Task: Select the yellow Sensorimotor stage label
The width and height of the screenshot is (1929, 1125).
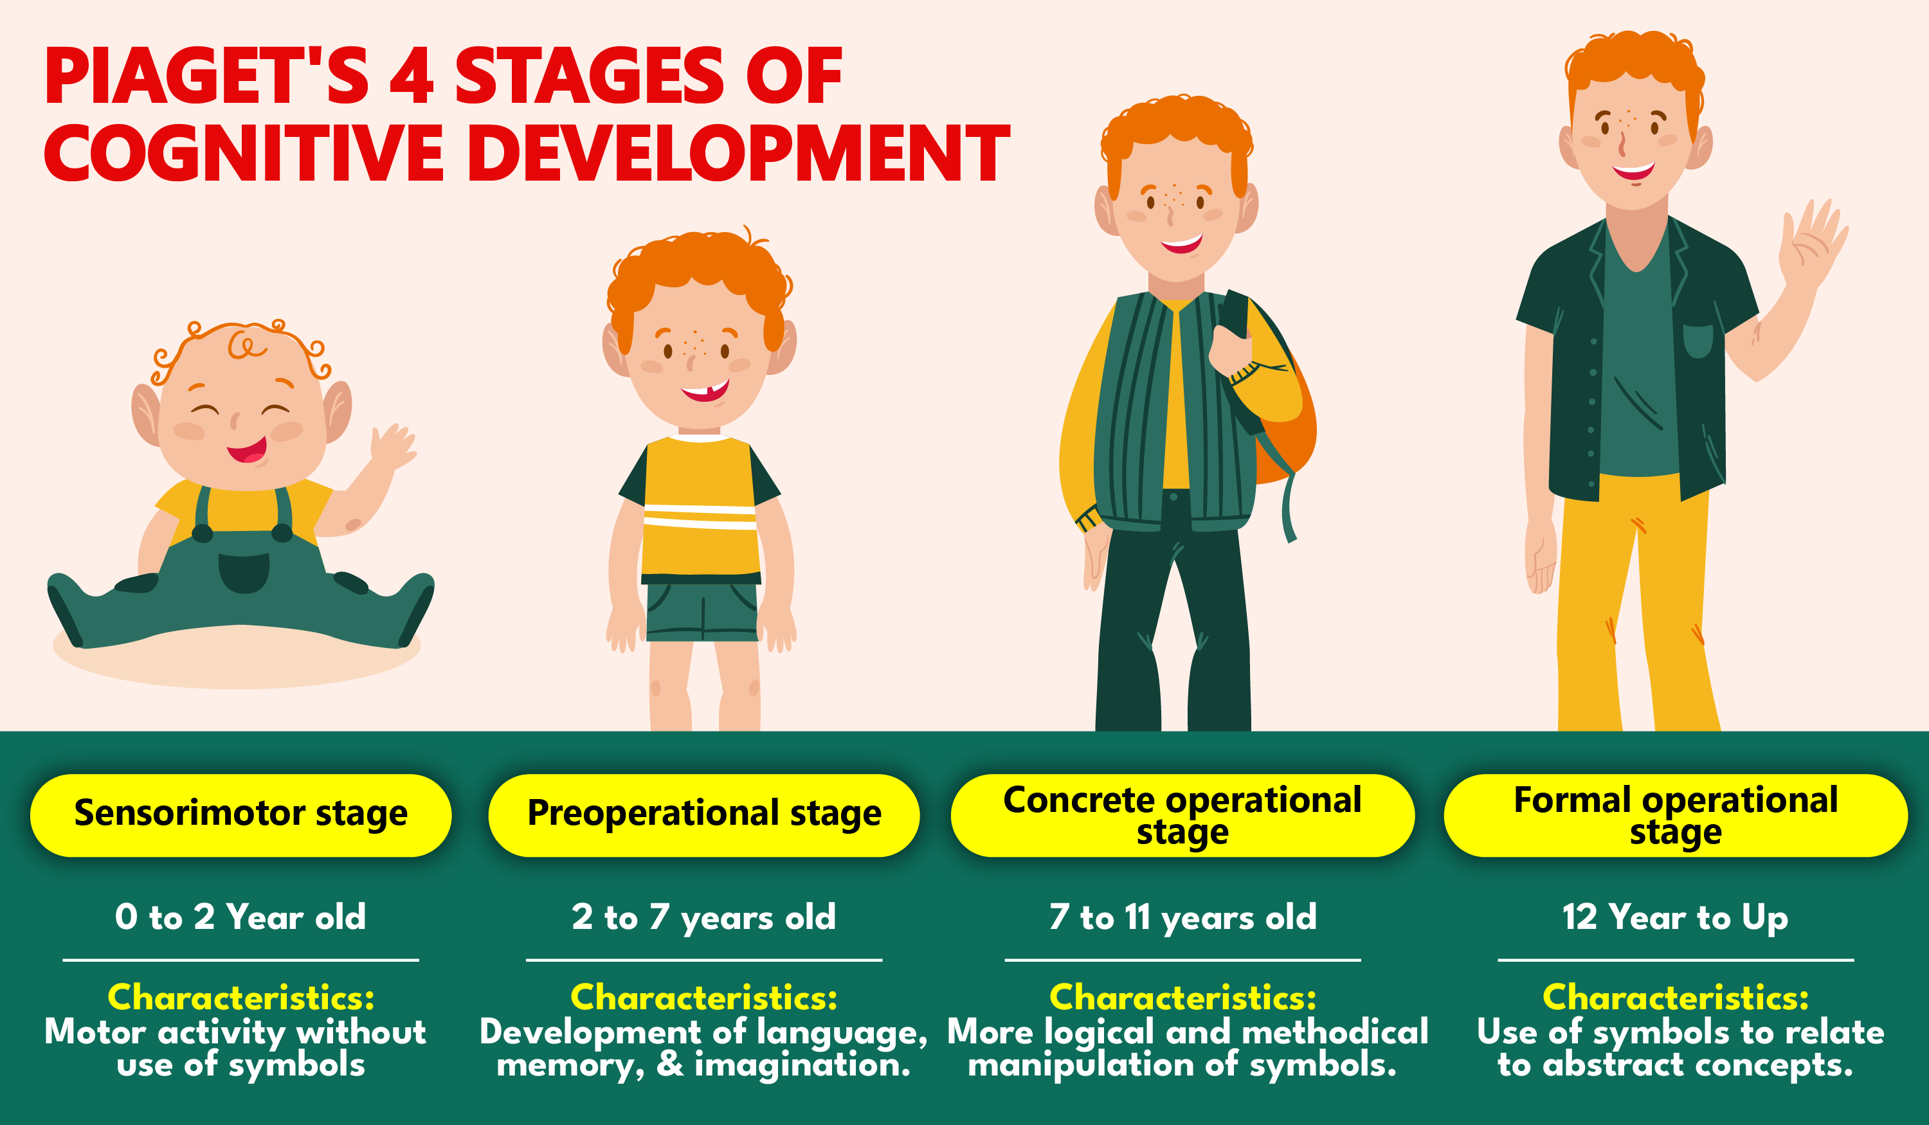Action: pos(240,815)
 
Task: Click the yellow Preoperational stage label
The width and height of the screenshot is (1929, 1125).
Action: pos(703,815)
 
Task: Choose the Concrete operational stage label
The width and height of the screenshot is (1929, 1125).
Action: pos(1182,815)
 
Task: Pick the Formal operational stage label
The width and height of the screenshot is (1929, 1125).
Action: pos(1675,815)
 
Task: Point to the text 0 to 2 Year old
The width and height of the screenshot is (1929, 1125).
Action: pos(240,917)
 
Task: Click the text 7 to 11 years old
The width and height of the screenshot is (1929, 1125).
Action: pos(1182,917)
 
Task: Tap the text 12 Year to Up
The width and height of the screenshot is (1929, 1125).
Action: pos(1675,917)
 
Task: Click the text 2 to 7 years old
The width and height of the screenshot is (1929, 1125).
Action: pos(703,917)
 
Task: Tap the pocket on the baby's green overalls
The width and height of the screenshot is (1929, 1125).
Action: pos(244,572)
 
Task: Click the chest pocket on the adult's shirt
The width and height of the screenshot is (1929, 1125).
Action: pos(1698,341)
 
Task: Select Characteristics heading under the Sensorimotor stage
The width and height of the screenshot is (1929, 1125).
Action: pos(240,997)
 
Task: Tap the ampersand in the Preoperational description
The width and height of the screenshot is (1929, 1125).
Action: pos(670,1065)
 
